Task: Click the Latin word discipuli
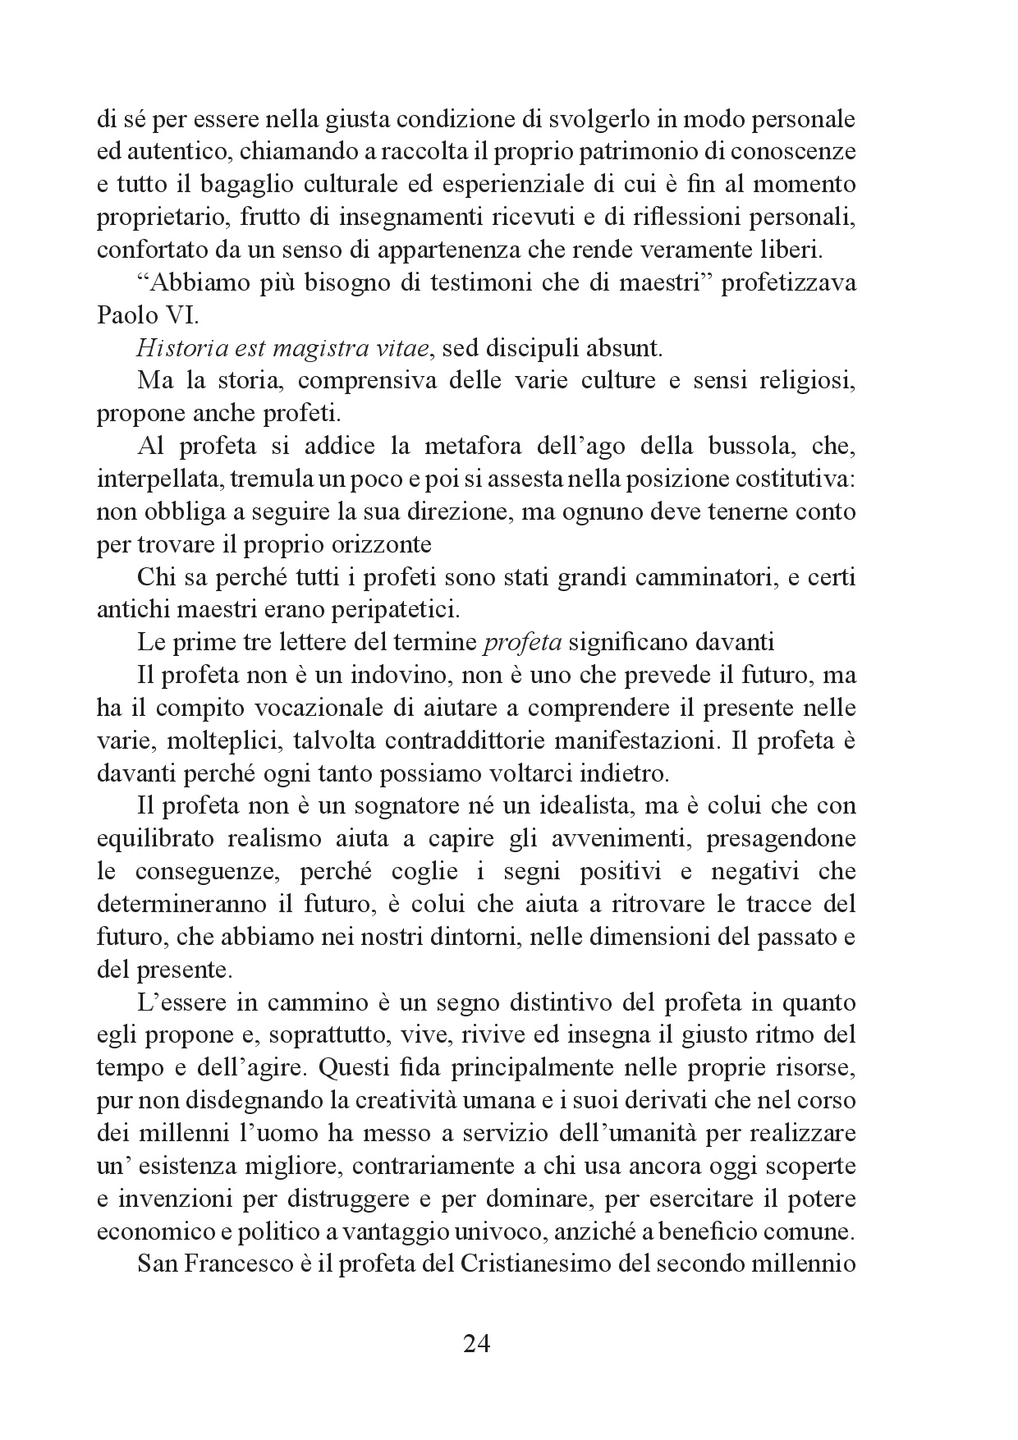(x=522, y=349)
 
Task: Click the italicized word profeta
(x=520, y=643)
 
